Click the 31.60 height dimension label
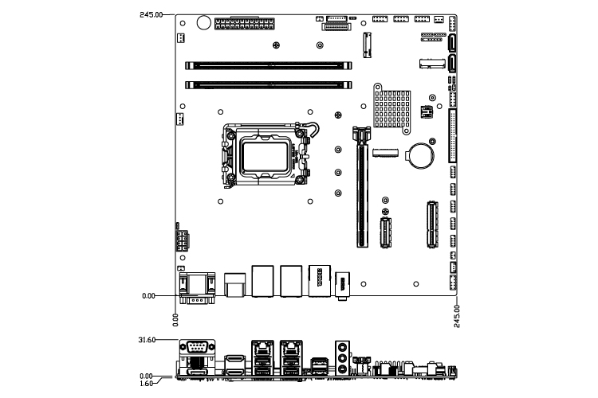(147, 340)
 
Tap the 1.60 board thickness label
(146, 384)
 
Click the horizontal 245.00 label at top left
(151, 15)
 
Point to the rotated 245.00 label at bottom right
(457, 316)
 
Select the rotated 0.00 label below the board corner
(175, 320)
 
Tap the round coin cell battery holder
(419, 155)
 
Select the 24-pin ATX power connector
(245, 24)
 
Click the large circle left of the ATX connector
(203, 22)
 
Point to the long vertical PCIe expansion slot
(362, 186)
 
